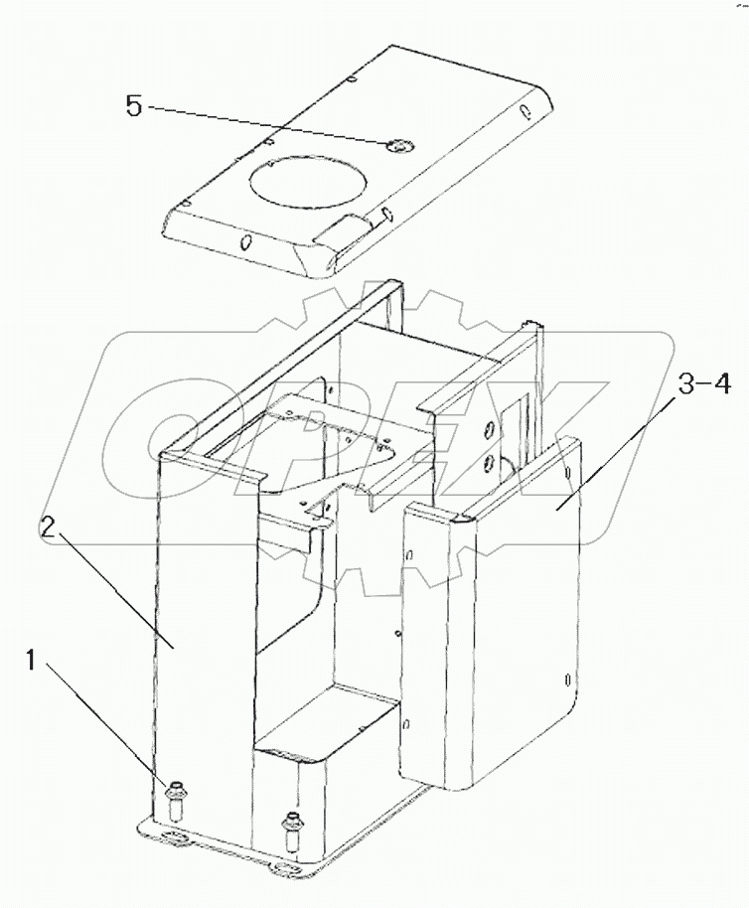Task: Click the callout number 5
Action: pyautogui.click(x=135, y=106)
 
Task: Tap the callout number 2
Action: pyautogui.click(x=47, y=528)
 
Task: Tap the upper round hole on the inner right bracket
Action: pyautogui.click(x=489, y=428)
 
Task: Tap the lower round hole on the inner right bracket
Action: pyautogui.click(x=489, y=463)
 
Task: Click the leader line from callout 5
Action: pyautogui.click(x=268, y=126)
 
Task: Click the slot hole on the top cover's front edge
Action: pyautogui.click(x=245, y=240)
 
